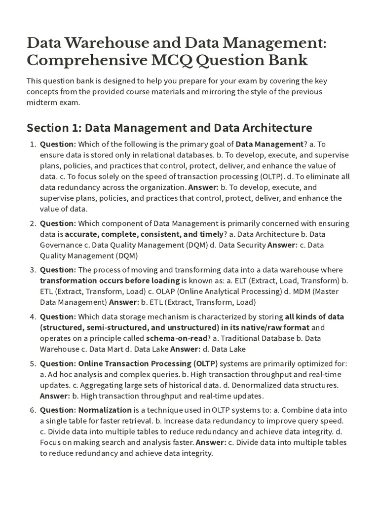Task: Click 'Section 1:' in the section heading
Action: click(54, 128)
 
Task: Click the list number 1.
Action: click(33, 144)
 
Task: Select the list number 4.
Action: click(33, 317)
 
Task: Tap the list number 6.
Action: click(33, 410)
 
